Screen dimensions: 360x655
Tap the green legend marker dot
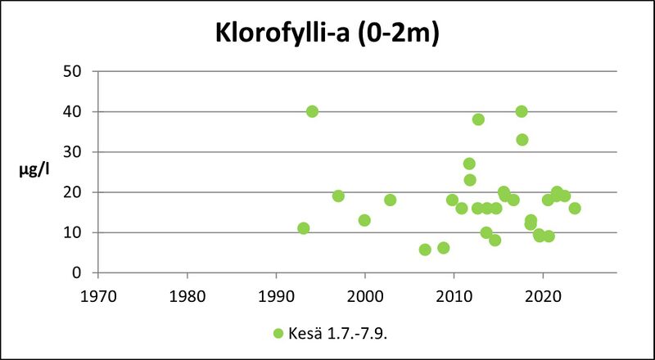[278, 334]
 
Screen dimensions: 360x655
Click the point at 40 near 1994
[312, 111]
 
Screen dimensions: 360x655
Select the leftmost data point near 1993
[304, 228]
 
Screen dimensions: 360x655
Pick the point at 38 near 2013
[478, 119]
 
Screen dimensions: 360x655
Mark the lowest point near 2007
[425, 250]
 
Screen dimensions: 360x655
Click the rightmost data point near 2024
[575, 208]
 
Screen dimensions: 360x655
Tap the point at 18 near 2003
[390, 200]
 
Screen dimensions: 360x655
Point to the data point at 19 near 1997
[338, 196]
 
